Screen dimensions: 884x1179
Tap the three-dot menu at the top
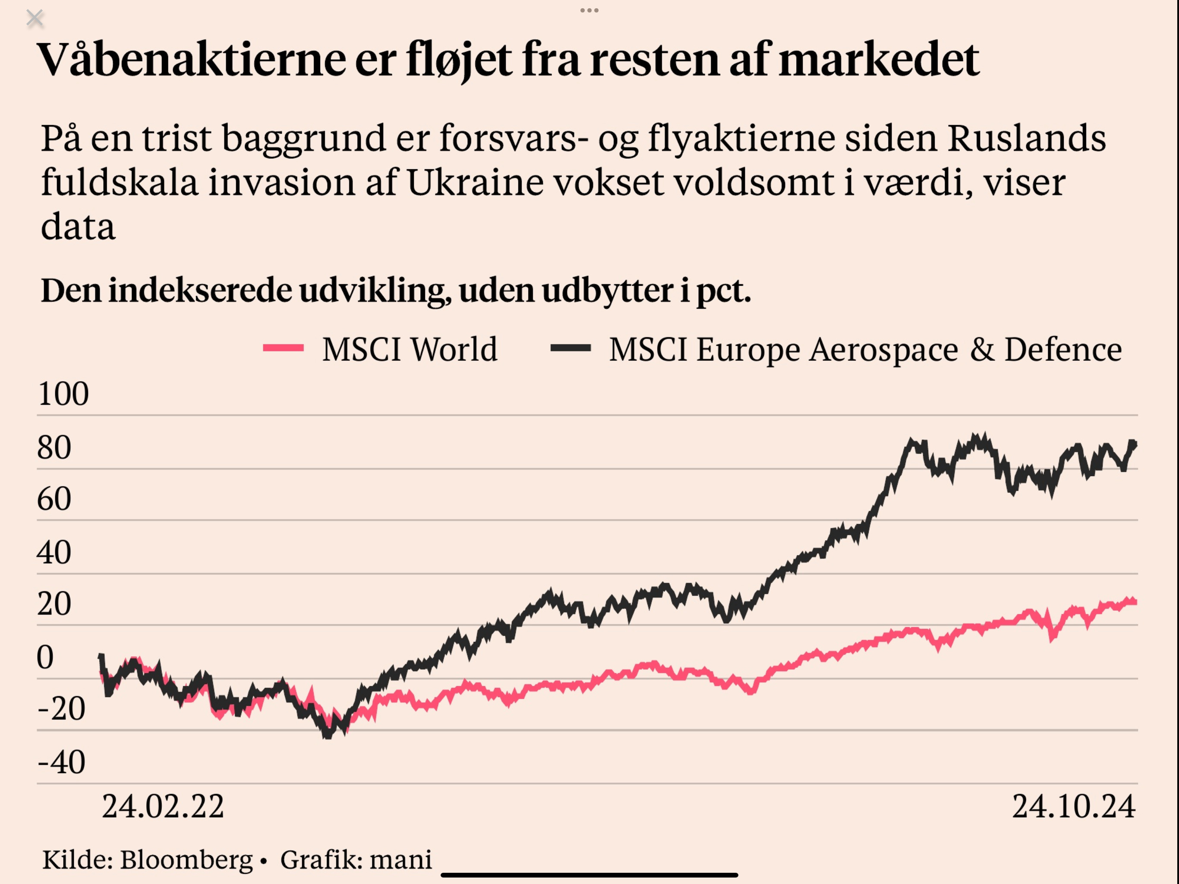[x=589, y=10]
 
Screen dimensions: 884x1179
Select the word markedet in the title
[x=878, y=59]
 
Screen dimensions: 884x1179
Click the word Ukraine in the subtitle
[x=475, y=182]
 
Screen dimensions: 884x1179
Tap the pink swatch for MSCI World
[x=283, y=348]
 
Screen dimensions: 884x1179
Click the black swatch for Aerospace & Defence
[x=571, y=348]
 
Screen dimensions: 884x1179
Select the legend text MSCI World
[x=410, y=350]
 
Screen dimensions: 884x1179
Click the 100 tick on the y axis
[x=63, y=394]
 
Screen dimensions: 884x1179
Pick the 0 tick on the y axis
[x=45, y=657]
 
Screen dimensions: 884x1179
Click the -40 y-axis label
[x=61, y=762]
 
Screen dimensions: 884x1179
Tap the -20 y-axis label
[x=61, y=709]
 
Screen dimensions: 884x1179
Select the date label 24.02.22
[x=163, y=806]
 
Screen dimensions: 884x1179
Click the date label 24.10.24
[x=1073, y=806]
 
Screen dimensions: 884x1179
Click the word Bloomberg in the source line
[x=186, y=859]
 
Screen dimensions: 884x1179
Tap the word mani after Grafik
[x=400, y=859]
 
